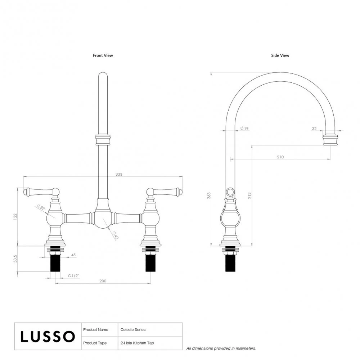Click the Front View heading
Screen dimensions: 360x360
click(x=103, y=55)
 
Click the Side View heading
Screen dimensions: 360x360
click(x=280, y=55)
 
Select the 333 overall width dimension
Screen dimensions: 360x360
click(x=119, y=174)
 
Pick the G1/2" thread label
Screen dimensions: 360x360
click(x=73, y=276)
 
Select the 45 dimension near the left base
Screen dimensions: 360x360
click(x=73, y=255)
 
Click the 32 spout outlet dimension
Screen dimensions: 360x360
click(x=314, y=129)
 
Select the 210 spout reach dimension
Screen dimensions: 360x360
click(x=280, y=157)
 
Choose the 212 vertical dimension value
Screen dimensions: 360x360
click(x=249, y=195)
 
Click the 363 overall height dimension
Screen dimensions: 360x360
click(x=209, y=195)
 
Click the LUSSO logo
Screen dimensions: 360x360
click(x=48, y=336)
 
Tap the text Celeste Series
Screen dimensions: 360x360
click(x=133, y=329)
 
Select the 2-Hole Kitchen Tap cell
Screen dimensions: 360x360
click(x=137, y=343)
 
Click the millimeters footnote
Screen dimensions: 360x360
click(x=221, y=348)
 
